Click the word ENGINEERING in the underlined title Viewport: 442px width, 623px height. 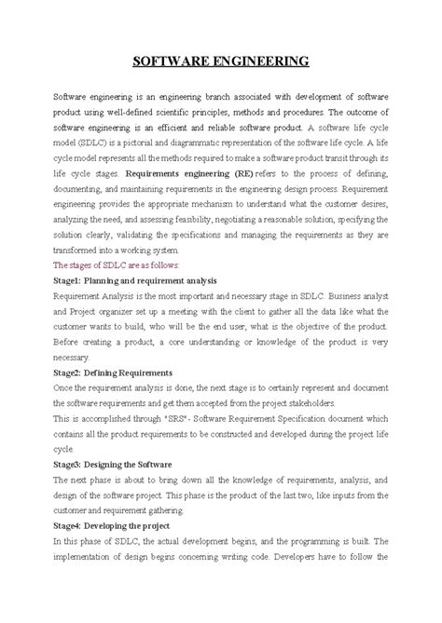tap(262, 62)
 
